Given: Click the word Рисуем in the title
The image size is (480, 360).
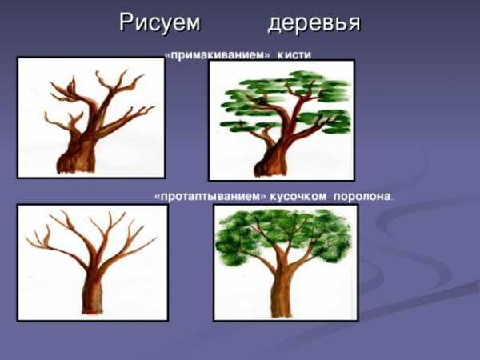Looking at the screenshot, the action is point(159,22).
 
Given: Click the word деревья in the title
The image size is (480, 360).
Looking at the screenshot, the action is point(314,23).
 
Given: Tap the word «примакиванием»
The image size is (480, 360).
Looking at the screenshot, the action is point(218,55).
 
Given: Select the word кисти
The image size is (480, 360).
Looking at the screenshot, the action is point(294,55).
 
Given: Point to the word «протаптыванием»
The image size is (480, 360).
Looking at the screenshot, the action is point(210,196).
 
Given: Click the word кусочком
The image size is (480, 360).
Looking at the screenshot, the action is point(298,196).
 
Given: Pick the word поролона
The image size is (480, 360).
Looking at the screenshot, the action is point(362,196).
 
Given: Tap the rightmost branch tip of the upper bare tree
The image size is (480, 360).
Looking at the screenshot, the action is point(154,106).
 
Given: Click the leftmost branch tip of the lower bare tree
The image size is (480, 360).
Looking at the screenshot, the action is point(27,238).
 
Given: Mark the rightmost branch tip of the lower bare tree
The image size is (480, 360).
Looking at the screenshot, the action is point(156,238).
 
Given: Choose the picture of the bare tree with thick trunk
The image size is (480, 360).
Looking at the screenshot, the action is point(91,118).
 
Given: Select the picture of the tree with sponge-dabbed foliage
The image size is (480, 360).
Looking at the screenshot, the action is point(286,262).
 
